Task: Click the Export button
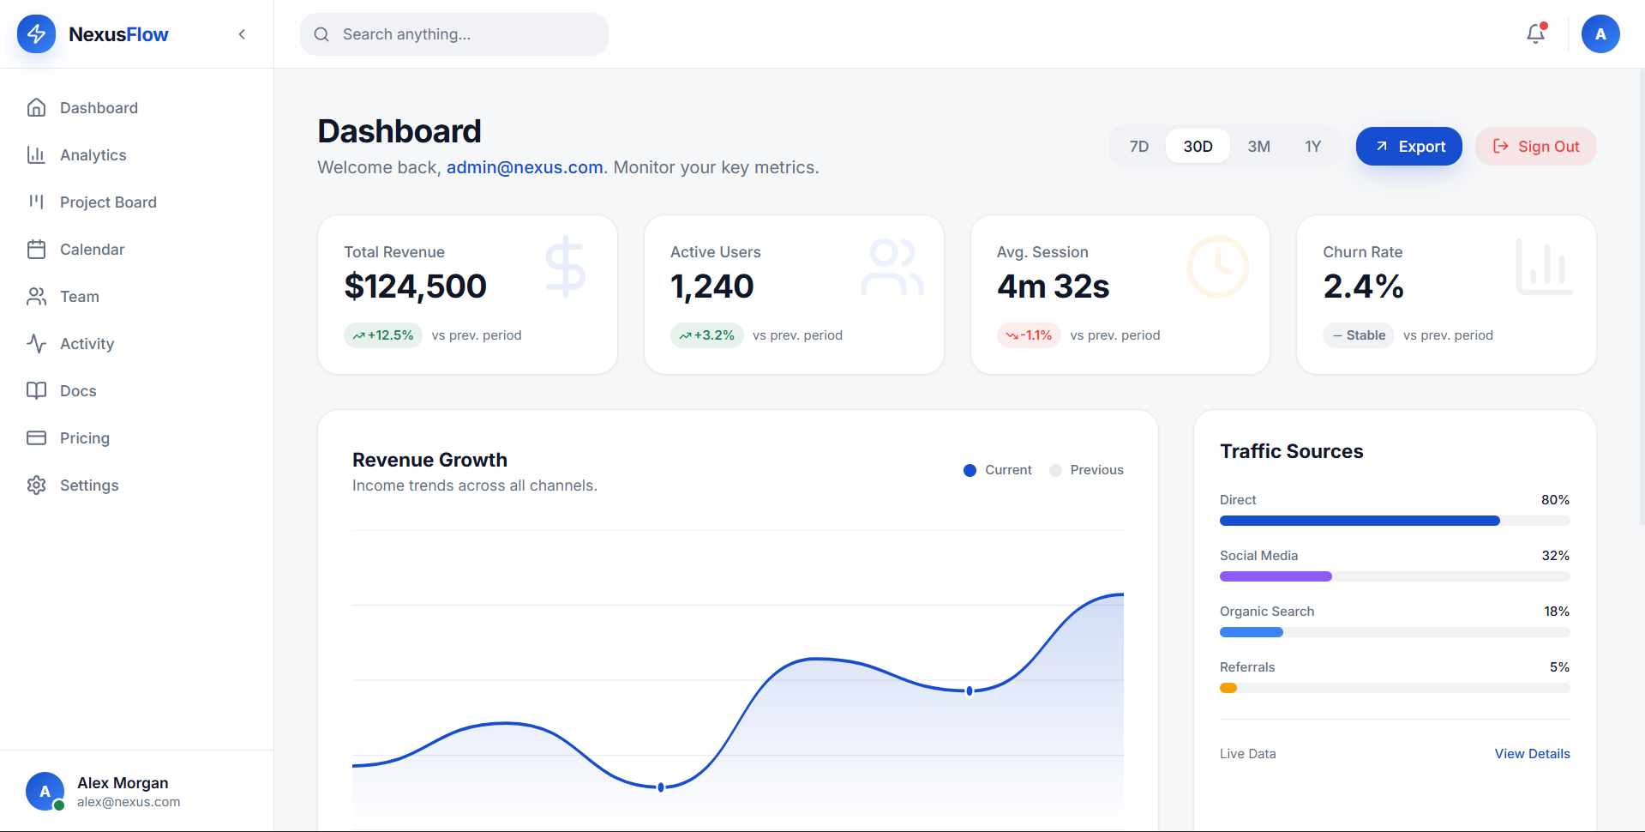tap(1408, 147)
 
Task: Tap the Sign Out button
tap(1535, 147)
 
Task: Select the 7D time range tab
tap(1138, 147)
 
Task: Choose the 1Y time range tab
tap(1312, 147)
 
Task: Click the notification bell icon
tap(1535, 34)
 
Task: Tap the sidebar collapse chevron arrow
tap(242, 34)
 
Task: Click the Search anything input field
tap(454, 34)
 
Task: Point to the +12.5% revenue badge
tap(383, 335)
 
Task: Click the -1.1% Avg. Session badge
tap(1029, 335)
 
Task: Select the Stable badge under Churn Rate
tap(1359, 335)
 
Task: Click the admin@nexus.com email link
tap(525, 167)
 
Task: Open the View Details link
tap(1533, 754)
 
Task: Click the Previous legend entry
tap(1087, 470)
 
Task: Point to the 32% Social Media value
tap(1556, 556)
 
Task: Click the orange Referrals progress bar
tap(1228, 688)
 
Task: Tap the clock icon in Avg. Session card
tap(1218, 267)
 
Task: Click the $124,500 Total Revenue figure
tap(416, 286)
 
